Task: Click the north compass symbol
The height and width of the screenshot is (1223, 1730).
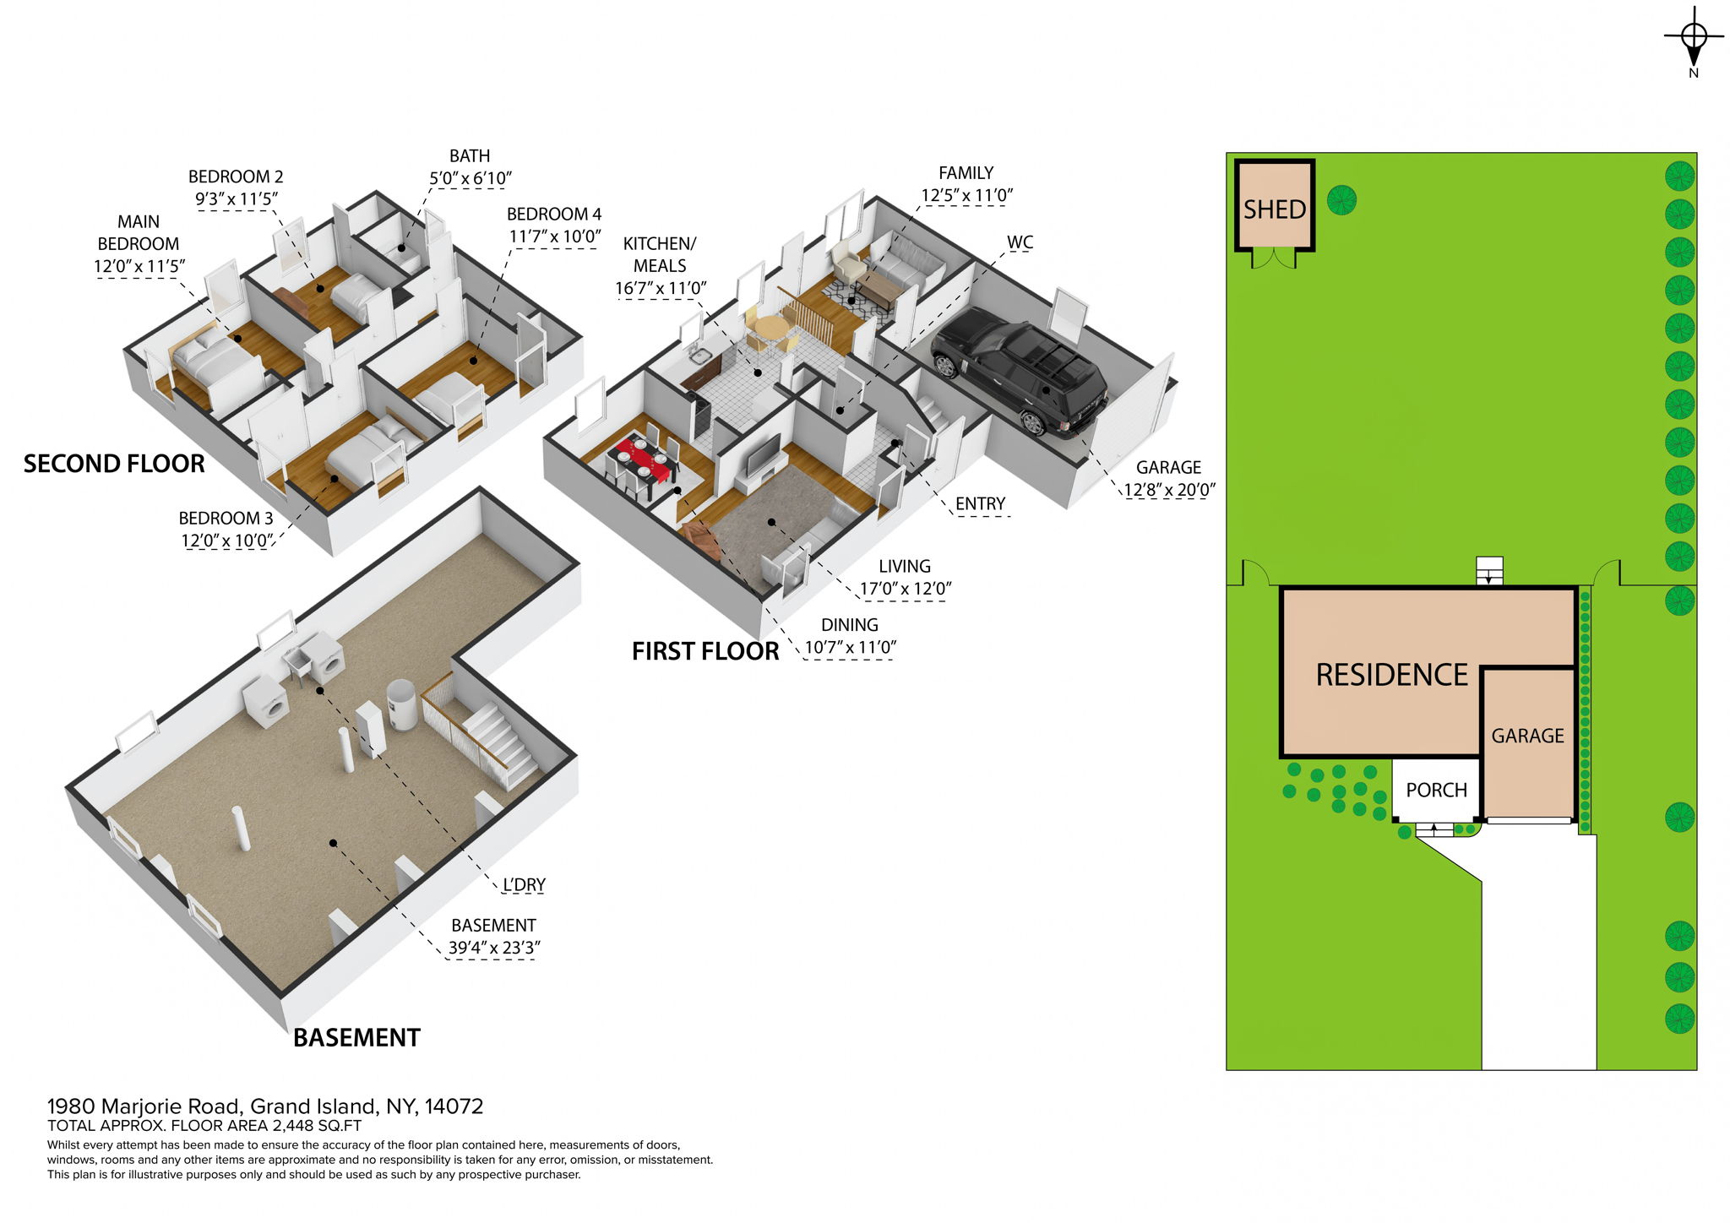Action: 1694,38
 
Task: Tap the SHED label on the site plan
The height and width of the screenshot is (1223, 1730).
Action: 1274,209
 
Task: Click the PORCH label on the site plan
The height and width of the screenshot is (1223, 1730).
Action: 1436,791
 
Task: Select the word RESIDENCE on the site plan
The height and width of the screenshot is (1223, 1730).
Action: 1391,675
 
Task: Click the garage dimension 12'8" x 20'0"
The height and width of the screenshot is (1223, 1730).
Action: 1168,490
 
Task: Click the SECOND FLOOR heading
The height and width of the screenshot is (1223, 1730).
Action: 114,464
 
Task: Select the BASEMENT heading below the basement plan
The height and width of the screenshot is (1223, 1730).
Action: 356,1038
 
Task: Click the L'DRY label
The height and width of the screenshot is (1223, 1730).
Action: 524,885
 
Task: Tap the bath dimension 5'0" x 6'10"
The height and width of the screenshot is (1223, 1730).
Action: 470,178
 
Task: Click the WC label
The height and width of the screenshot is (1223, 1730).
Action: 1020,242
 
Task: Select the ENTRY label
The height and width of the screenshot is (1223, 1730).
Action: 980,504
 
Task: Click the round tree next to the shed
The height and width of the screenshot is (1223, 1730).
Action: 1341,200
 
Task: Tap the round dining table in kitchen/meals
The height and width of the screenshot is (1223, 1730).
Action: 770,328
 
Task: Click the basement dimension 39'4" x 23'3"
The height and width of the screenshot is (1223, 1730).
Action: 493,948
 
